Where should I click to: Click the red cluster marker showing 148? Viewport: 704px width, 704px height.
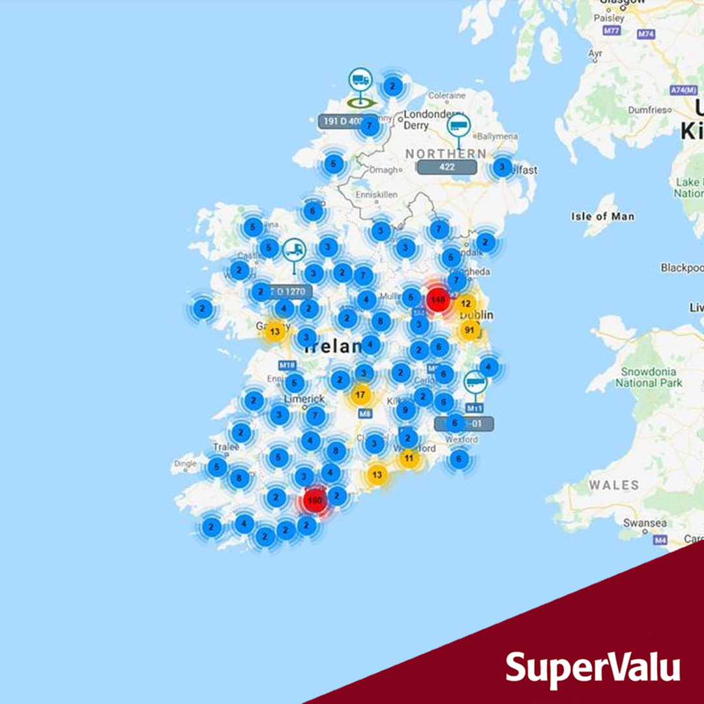[x=437, y=300]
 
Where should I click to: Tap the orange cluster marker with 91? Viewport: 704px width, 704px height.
[x=469, y=330]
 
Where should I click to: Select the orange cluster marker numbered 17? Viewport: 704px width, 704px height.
[x=360, y=394]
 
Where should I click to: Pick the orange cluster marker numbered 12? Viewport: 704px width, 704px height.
[x=465, y=304]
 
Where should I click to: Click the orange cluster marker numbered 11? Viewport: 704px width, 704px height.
[x=409, y=458]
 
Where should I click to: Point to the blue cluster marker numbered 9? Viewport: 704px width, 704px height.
[x=405, y=410]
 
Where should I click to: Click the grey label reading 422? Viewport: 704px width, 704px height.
[x=447, y=168]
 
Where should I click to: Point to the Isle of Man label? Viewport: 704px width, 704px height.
[x=602, y=216]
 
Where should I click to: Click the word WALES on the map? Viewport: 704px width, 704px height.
[x=614, y=485]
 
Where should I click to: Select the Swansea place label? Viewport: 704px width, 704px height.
[x=645, y=523]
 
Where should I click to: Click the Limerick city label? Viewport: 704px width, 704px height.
[x=304, y=398]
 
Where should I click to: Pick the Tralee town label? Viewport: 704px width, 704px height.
[x=226, y=447]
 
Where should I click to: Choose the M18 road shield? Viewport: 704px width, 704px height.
[x=287, y=366]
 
